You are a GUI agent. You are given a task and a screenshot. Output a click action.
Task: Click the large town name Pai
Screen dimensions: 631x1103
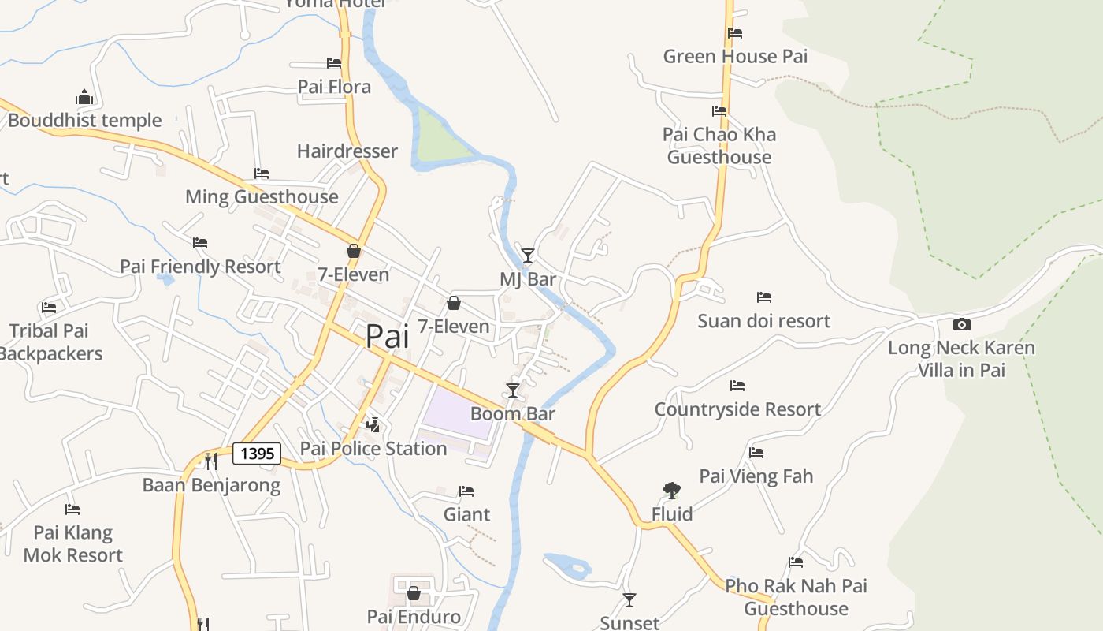tap(388, 337)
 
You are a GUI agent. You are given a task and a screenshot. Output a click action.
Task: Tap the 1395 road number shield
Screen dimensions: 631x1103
tap(257, 454)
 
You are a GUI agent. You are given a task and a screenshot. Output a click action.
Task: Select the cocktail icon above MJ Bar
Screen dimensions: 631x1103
tap(528, 255)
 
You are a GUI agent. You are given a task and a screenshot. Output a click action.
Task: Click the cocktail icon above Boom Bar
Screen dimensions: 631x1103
tap(513, 390)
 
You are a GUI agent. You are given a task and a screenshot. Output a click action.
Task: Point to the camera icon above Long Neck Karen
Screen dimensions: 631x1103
tap(961, 324)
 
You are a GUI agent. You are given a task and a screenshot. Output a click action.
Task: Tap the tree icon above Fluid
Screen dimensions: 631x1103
tap(671, 491)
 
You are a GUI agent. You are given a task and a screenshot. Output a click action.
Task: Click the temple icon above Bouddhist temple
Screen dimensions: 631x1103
tap(84, 97)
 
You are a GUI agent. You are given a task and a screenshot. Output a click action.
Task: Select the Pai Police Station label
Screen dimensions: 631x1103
tap(373, 449)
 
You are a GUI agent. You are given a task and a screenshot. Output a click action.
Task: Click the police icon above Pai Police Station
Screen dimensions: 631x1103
tap(373, 425)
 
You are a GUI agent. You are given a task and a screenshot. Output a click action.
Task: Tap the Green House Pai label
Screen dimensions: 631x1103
tap(735, 57)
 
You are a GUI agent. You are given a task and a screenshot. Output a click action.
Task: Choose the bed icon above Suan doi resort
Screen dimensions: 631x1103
tap(763, 297)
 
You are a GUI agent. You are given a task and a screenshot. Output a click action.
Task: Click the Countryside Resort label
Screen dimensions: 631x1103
tap(737, 409)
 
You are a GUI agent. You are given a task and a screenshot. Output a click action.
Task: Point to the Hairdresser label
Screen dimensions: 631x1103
tap(347, 151)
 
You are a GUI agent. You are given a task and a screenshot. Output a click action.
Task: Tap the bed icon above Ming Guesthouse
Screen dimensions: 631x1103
tap(262, 174)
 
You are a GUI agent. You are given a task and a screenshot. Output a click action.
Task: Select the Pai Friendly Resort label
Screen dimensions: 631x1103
tap(200, 267)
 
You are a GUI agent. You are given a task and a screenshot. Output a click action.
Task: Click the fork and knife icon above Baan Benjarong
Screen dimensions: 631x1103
tap(211, 461)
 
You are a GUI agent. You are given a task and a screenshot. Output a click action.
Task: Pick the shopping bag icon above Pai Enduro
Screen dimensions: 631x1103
tap(414, 593)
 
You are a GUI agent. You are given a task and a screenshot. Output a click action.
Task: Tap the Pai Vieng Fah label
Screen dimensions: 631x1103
tap(756, 476)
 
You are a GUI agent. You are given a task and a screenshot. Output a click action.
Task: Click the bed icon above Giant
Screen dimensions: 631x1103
tap(466, 491)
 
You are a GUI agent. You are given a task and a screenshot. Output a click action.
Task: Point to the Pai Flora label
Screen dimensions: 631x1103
tap(334, 87)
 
